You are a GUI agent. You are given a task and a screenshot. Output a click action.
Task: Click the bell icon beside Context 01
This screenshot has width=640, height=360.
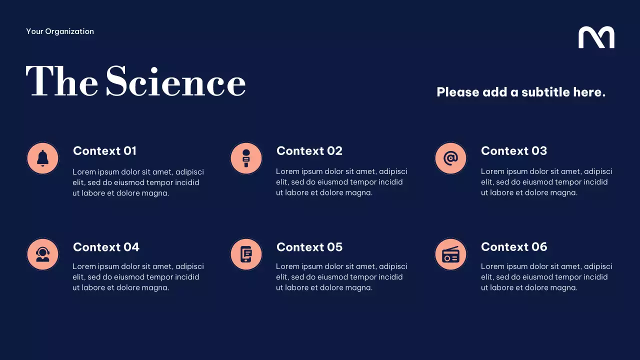pos(42,158)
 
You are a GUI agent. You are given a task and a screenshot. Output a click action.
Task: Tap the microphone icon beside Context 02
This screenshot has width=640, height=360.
pos(246,158)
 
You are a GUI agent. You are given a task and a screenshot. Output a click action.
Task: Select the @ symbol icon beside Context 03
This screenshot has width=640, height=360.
pos(450,158)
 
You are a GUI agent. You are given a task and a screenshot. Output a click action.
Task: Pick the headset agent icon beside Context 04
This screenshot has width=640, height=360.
pos(42,254)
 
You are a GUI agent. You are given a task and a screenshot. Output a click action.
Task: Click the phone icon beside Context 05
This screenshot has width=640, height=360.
pos(246,254)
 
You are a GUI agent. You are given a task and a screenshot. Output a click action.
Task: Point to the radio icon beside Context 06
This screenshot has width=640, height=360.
pos(450,254)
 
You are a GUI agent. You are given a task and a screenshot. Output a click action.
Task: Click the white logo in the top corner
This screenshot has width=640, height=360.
pos(596,37)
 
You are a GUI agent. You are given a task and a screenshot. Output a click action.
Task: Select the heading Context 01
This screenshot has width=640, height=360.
pos(104,151)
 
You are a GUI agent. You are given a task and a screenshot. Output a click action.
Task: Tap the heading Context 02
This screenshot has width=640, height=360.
pos(309,151)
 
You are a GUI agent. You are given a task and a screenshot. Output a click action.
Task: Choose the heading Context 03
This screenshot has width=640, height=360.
pos(513,151)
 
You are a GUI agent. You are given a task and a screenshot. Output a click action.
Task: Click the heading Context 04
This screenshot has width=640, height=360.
pos(106,247)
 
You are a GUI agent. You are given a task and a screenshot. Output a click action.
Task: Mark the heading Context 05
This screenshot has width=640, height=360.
pos(309,247)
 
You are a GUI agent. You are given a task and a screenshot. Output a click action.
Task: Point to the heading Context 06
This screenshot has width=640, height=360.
pos(513,247)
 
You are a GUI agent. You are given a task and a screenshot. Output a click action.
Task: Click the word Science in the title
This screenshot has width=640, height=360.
pos(175,82)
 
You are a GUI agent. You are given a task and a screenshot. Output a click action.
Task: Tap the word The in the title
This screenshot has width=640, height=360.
pos(62,82)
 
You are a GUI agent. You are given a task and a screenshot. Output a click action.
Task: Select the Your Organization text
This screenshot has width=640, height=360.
pos(60,31)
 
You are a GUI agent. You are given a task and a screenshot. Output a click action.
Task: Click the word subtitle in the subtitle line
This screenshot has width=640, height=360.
pos(545,92)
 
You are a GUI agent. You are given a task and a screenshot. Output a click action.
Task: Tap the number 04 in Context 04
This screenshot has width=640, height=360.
pos(131,247)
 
